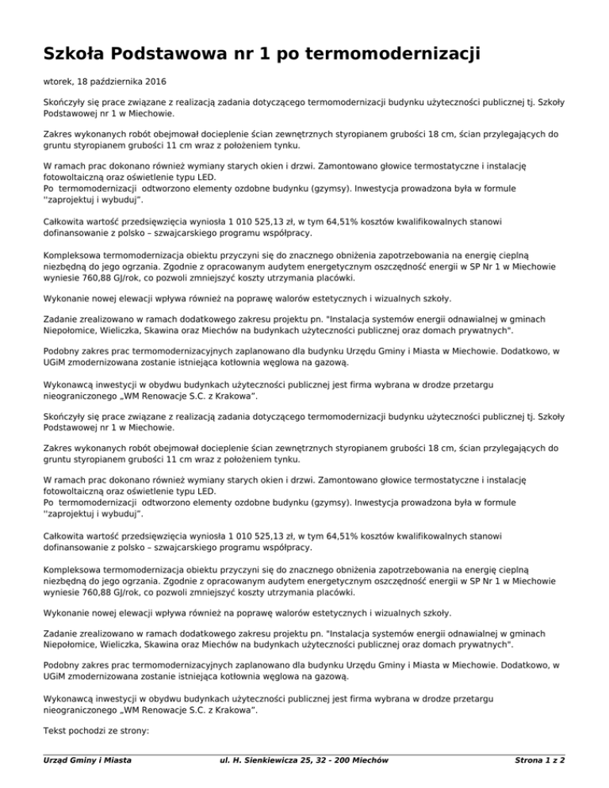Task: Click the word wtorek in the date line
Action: tap(56, 81)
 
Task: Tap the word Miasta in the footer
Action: tap(116, 762)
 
